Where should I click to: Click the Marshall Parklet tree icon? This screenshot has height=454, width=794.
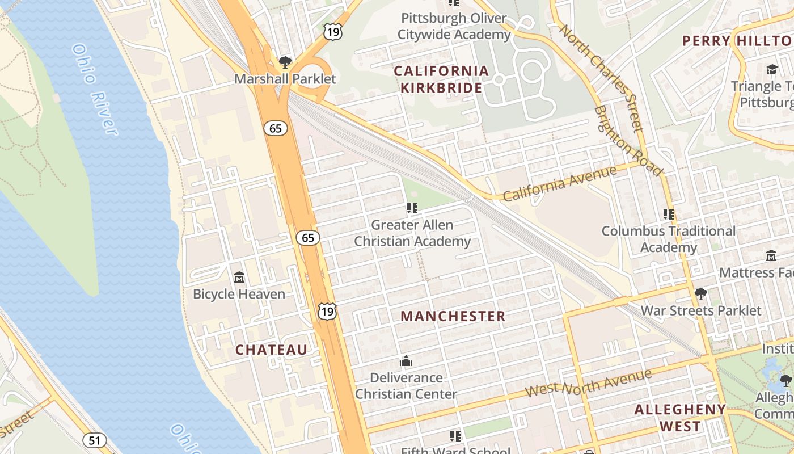pyautogui.click(x=285, y=62)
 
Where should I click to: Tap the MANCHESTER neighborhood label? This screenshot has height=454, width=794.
pyautogui.click(x=453, y=317)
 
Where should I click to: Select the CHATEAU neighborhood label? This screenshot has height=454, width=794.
pyautogui.click(x=271, y=350)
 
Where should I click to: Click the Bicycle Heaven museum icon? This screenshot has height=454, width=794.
pyautogui.click(x=239, y=278)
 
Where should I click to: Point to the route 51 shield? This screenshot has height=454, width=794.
pyautogui.click(x=94, y=440)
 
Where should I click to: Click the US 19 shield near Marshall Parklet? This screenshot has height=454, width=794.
pyautogui.click(x=333, y=32)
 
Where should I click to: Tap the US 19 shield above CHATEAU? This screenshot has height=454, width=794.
pyautogui.click(x=327, y=311)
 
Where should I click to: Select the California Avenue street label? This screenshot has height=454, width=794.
pyautogui.click(x=559, y=184)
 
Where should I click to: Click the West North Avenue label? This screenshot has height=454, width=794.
pyautogui.click(x=588, y=383)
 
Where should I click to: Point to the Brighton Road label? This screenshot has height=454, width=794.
pyautogui.click(x=628, y=141)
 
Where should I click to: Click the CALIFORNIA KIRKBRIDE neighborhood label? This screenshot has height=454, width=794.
pyautogui.click(x=441, y=79)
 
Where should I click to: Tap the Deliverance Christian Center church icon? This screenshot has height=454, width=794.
pyautogui.click(x=406, y=361)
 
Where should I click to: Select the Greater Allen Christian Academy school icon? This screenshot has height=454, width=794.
pyautogui.click(x=412, y=208)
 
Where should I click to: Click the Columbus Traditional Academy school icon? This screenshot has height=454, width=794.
pyautogui.click(x=669, y=215)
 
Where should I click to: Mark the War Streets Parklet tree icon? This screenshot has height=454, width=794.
pyautogui.click(x=701, y=294)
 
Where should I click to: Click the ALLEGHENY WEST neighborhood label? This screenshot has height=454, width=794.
pyautogui.click(x=680, y=418)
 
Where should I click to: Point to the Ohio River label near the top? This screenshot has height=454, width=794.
pyautogui.click(x=95, y=90)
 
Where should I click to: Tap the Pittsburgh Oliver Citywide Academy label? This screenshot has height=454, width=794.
pyautogui.click(x=454, y=26)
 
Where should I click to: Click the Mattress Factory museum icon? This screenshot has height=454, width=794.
pyautogui.click(x=771, y=256)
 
